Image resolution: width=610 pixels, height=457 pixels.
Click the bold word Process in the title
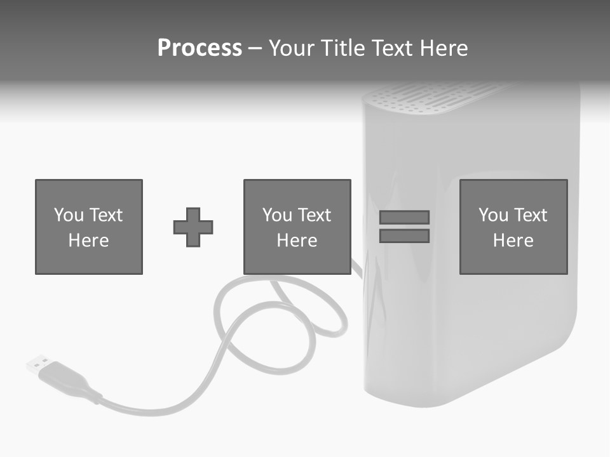(200, 48)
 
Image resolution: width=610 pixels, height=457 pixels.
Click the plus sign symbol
(193, 227)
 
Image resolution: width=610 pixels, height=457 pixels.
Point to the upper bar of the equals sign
(404, 217)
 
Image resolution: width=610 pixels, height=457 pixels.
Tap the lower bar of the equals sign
(404, 236)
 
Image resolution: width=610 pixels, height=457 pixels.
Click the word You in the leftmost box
(69, 215)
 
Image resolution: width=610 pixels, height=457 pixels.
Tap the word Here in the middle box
(297, 241)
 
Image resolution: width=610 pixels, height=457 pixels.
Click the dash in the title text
(255, 48)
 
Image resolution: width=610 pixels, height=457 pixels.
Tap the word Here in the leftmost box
(88, 241)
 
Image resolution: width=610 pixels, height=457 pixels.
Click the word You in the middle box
(277, 215)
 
